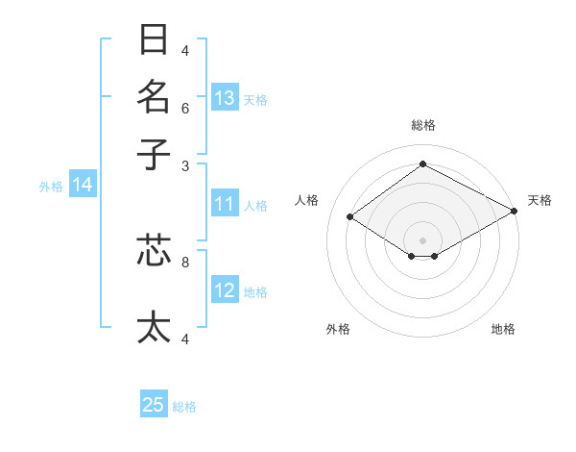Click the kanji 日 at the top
(155, 40)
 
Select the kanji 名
(155, 96)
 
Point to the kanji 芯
(155, 250)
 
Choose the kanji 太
(155, 327)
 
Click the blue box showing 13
(225, 98)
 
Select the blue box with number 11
(225, 204)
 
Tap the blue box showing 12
(225, 291)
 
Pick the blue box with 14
(83, 186)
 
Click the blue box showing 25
(154, 405)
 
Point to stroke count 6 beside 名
(185, 108)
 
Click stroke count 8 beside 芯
(185, 261)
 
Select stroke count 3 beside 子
(185, 165)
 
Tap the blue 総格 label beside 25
(184, 407)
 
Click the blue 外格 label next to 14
(51, 187)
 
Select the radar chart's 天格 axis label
(540, 200)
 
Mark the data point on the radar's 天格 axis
(515, 212)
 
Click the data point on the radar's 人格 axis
(350, 217)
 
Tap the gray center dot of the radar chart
(422, 239)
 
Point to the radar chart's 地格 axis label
(503, 329)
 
